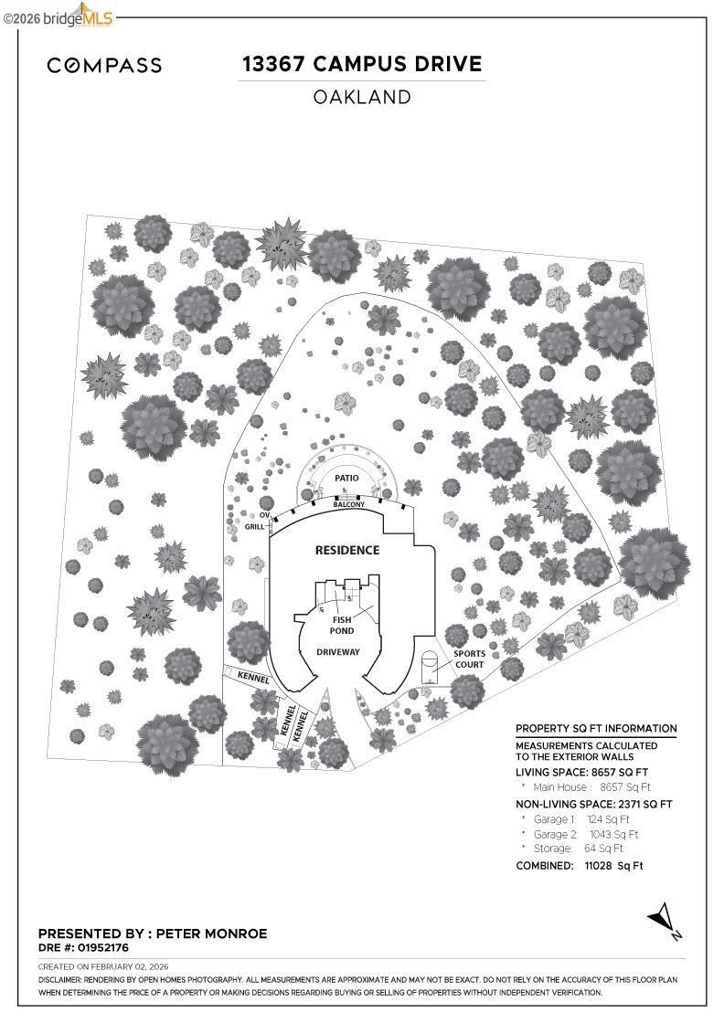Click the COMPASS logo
104,65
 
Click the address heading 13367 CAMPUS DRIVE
361,64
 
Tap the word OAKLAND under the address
362,97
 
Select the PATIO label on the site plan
346,478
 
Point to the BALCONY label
348,504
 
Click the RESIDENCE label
346,551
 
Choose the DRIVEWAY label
338,652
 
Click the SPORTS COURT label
469,659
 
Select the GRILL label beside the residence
254,527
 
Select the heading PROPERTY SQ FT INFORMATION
596,729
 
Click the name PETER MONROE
212,933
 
